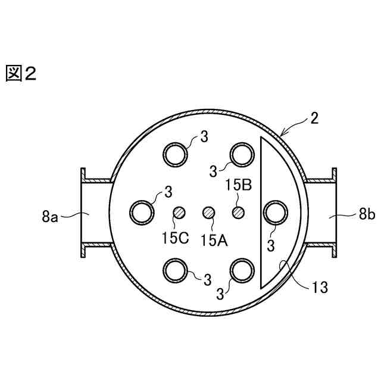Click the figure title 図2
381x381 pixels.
(21, 73)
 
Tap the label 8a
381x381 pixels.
(50, 217)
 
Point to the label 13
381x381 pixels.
(320, 287)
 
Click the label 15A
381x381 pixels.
(214, 241)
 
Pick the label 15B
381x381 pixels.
(239, 185)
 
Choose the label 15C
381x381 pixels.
(176, 238)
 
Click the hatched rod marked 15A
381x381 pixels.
(209, 213)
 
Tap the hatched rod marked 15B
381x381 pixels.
(238, 213)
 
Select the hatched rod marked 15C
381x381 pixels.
(179, 213)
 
